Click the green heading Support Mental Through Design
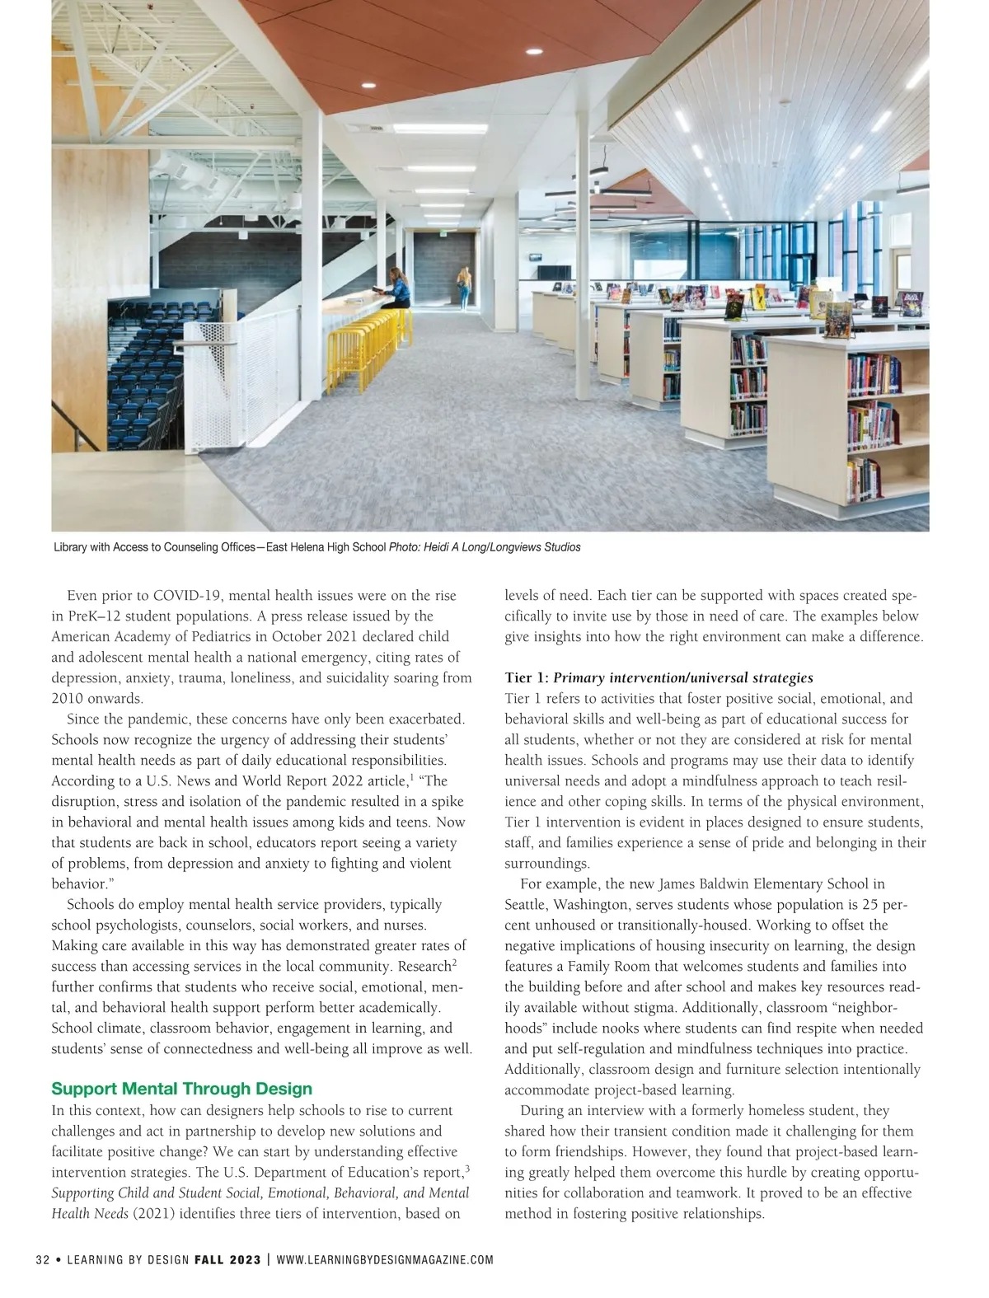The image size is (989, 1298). pyautogui.click(x=181, y=1089)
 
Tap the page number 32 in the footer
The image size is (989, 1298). pyautogui.click(x=43, y=1260)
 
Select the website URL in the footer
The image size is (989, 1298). pyautogui.click(x=385, y=1260)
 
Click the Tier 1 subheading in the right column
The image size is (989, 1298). pyautogui.click(x=659, y=678)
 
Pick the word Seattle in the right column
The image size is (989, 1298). pyautogui.click(x=525, y=905)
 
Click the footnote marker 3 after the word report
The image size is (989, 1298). pyautogui.click(x=467, y=1169)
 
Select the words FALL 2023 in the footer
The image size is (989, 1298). pyautogui.click(x=227, y=1260)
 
